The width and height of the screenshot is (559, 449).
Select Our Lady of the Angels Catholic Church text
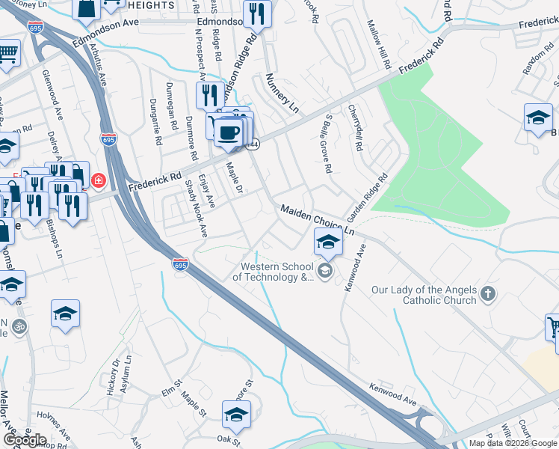424,295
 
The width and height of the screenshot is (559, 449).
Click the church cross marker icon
488,293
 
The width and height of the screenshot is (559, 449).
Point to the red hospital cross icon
98,181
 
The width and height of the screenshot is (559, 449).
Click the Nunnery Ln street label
282,93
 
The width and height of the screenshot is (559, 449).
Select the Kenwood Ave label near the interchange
392,396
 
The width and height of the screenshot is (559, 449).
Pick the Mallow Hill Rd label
379,46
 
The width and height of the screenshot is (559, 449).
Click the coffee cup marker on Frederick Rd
229,132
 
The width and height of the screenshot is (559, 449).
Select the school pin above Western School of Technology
328,242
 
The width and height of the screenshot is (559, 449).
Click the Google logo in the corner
25,440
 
